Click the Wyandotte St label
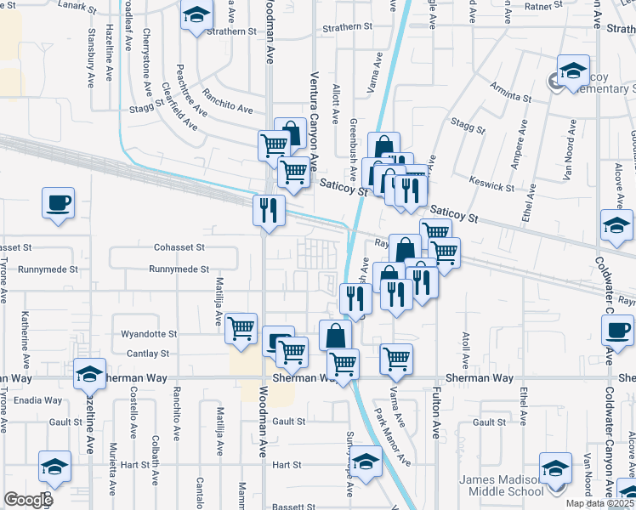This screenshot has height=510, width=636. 149,335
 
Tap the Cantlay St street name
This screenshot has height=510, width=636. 149,353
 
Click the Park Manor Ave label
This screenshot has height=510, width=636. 393,439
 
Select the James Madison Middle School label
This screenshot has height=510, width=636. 502,485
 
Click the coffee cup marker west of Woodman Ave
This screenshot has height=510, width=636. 58,204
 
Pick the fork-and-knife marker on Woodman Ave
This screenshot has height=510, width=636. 269,209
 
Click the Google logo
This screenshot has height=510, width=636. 28,500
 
